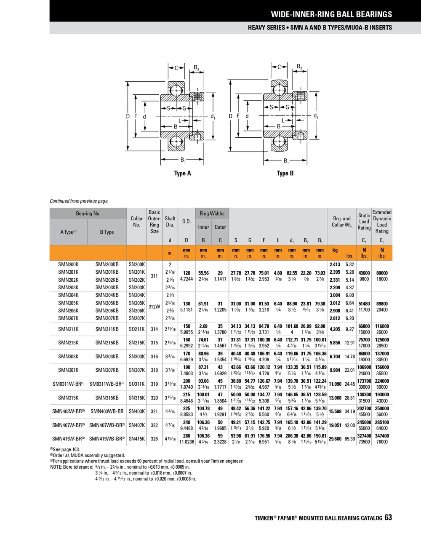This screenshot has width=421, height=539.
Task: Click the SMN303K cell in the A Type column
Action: (68, 357)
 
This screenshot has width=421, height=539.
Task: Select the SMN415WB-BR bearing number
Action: (107, 439)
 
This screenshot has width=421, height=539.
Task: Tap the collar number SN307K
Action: (136, 370)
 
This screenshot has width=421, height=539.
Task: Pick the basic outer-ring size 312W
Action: (155, 307)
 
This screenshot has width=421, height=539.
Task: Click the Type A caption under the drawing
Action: (183, 173)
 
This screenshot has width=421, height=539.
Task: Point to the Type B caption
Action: (285, 173)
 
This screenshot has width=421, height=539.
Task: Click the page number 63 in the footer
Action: (388, 518)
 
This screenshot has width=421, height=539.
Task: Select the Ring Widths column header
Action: (212, 213)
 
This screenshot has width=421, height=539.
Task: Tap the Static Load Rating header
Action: (364, 221)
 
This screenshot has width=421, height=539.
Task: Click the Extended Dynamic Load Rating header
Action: (382, 221)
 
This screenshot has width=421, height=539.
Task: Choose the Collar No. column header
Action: (136, 221)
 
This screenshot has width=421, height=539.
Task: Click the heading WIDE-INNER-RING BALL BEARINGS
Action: (331, 14)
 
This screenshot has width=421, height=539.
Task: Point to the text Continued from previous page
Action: (79, 201)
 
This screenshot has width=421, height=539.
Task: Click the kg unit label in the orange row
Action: (335, 250)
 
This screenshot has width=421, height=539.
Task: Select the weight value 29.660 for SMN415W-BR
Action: (335, 439)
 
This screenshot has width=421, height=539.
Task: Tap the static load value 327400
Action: (364, 436)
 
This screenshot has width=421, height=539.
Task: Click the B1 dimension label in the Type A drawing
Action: (183, 160)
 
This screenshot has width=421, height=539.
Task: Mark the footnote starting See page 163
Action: (66, 450)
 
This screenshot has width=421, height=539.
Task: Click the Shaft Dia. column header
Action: (170, 221)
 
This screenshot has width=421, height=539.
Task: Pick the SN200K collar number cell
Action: (136, 264)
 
